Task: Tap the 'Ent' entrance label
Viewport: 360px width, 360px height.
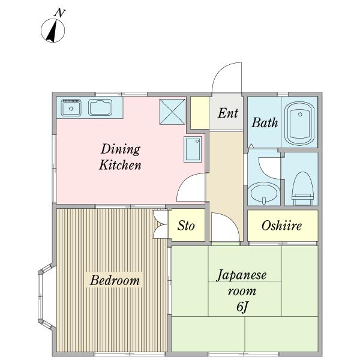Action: (x=227, y=113)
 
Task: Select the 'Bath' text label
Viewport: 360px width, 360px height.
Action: (x=265, y=122)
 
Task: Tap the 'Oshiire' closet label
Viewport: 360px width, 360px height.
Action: (x=281, y=226)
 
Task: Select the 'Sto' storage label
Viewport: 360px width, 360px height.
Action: (x=186, y=226)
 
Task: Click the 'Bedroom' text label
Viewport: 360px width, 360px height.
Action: (x=115, y=280)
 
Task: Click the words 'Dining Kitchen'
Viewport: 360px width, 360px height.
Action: (x=120, y=157)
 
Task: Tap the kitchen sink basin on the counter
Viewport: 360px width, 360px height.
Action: (x=100, y=108)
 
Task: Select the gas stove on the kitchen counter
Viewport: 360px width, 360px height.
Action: (x=71, y=108)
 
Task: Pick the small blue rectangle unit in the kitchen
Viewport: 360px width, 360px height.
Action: (x=193, y=149)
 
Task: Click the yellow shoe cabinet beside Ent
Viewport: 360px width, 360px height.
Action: (x=199, y=112)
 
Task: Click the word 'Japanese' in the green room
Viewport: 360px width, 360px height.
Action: (x=242, y=275)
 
